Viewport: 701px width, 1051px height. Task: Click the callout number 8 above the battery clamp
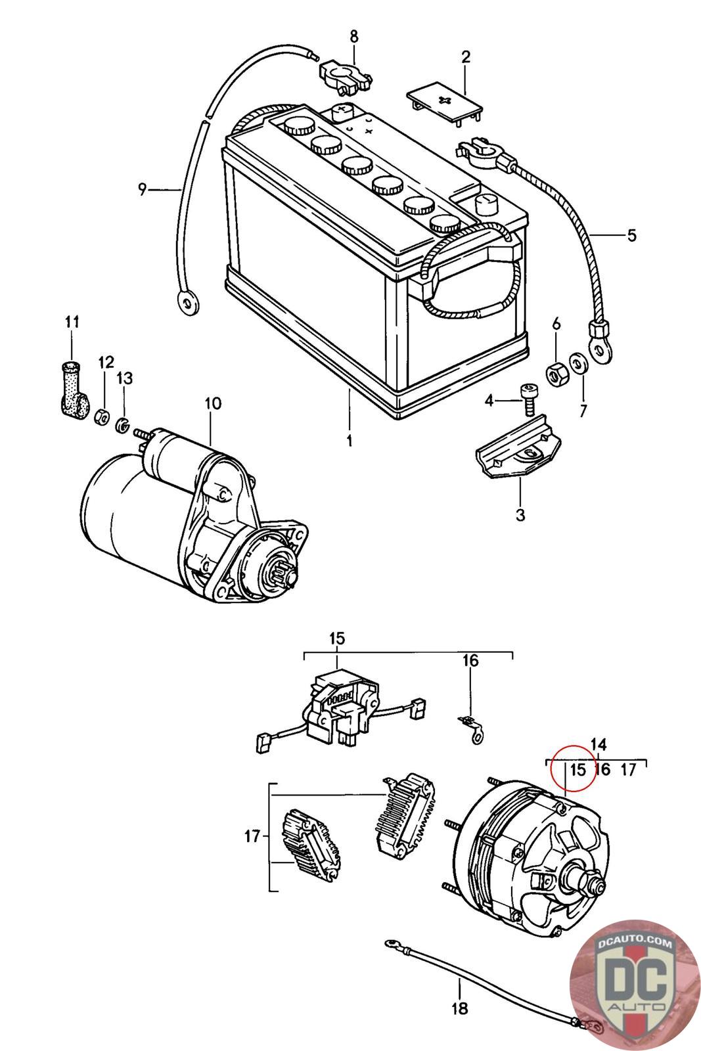click(353, 36)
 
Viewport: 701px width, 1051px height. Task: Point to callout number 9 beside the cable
click(142, 190)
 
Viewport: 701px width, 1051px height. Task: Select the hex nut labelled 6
click(558, 370)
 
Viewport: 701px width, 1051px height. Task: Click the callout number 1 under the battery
click(349, 441)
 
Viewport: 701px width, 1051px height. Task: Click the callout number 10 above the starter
click(213, 403)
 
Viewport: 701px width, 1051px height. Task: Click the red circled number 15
click(578, 770)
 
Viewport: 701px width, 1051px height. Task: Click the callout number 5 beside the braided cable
click(631, 235)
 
